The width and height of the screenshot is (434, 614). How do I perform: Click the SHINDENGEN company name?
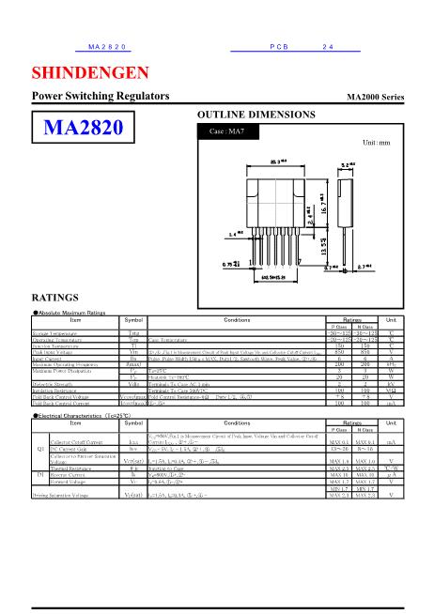coord(90,73)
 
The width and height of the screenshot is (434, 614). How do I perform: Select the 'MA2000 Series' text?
coord(375,98)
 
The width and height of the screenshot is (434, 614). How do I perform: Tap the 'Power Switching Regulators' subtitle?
coord(101,97)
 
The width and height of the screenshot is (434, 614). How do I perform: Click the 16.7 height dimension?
coord(324,199)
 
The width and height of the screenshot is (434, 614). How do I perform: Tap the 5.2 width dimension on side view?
coord(350,165)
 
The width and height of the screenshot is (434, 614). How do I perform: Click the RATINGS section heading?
coord(54,297)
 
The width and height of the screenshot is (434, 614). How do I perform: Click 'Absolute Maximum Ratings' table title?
coord(73,312)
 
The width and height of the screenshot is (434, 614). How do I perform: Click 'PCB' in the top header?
coord(278,46)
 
